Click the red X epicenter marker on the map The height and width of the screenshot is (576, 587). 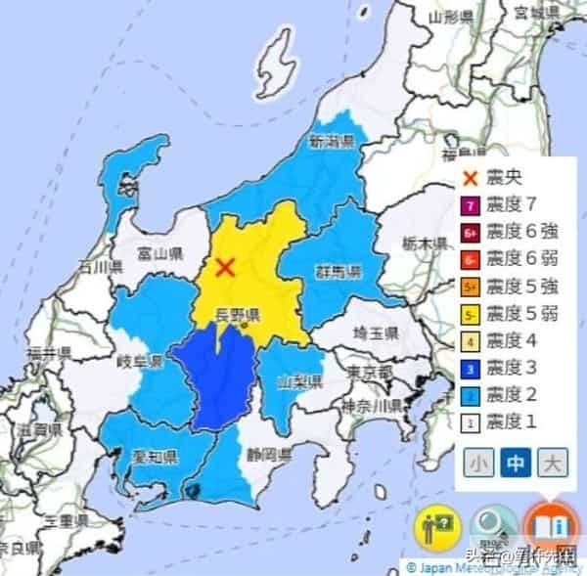pos(226,265)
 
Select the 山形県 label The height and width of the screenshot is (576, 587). pos(451,17)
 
